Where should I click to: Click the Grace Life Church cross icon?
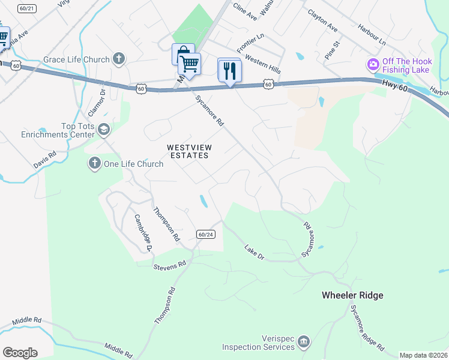tap(119, 59)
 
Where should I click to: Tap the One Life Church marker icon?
tap(94, 163)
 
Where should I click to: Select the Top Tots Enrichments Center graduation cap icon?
tap(104, 130)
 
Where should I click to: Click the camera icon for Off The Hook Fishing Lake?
tap(373, 64)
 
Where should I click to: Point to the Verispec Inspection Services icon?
tap(304, 341)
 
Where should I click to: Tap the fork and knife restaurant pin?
tap(229, 71)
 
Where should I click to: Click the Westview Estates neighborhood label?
tap(188, 151)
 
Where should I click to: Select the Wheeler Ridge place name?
tap(352, 295)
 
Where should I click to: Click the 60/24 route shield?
tap(205, 234)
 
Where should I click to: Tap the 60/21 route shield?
tap(27, 8)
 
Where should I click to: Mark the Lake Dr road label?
tap(254, 252)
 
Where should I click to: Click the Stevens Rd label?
tap(170, 264)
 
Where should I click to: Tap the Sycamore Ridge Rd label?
tap(367, 327)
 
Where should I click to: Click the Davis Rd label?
tap(45, 159)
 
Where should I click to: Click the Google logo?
tap(20, 352)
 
